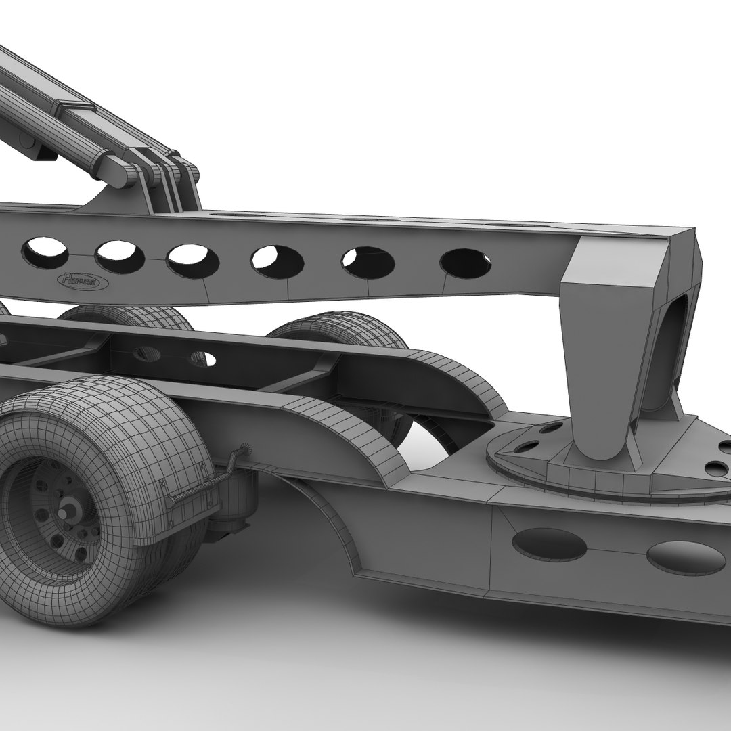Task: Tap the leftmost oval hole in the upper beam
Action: pos(45,252)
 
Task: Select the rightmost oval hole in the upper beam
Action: pos(465,263)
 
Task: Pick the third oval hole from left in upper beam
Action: pos(192,260)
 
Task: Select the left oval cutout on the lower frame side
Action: pos(548,544)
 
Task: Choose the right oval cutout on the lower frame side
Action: pos(685,557)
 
